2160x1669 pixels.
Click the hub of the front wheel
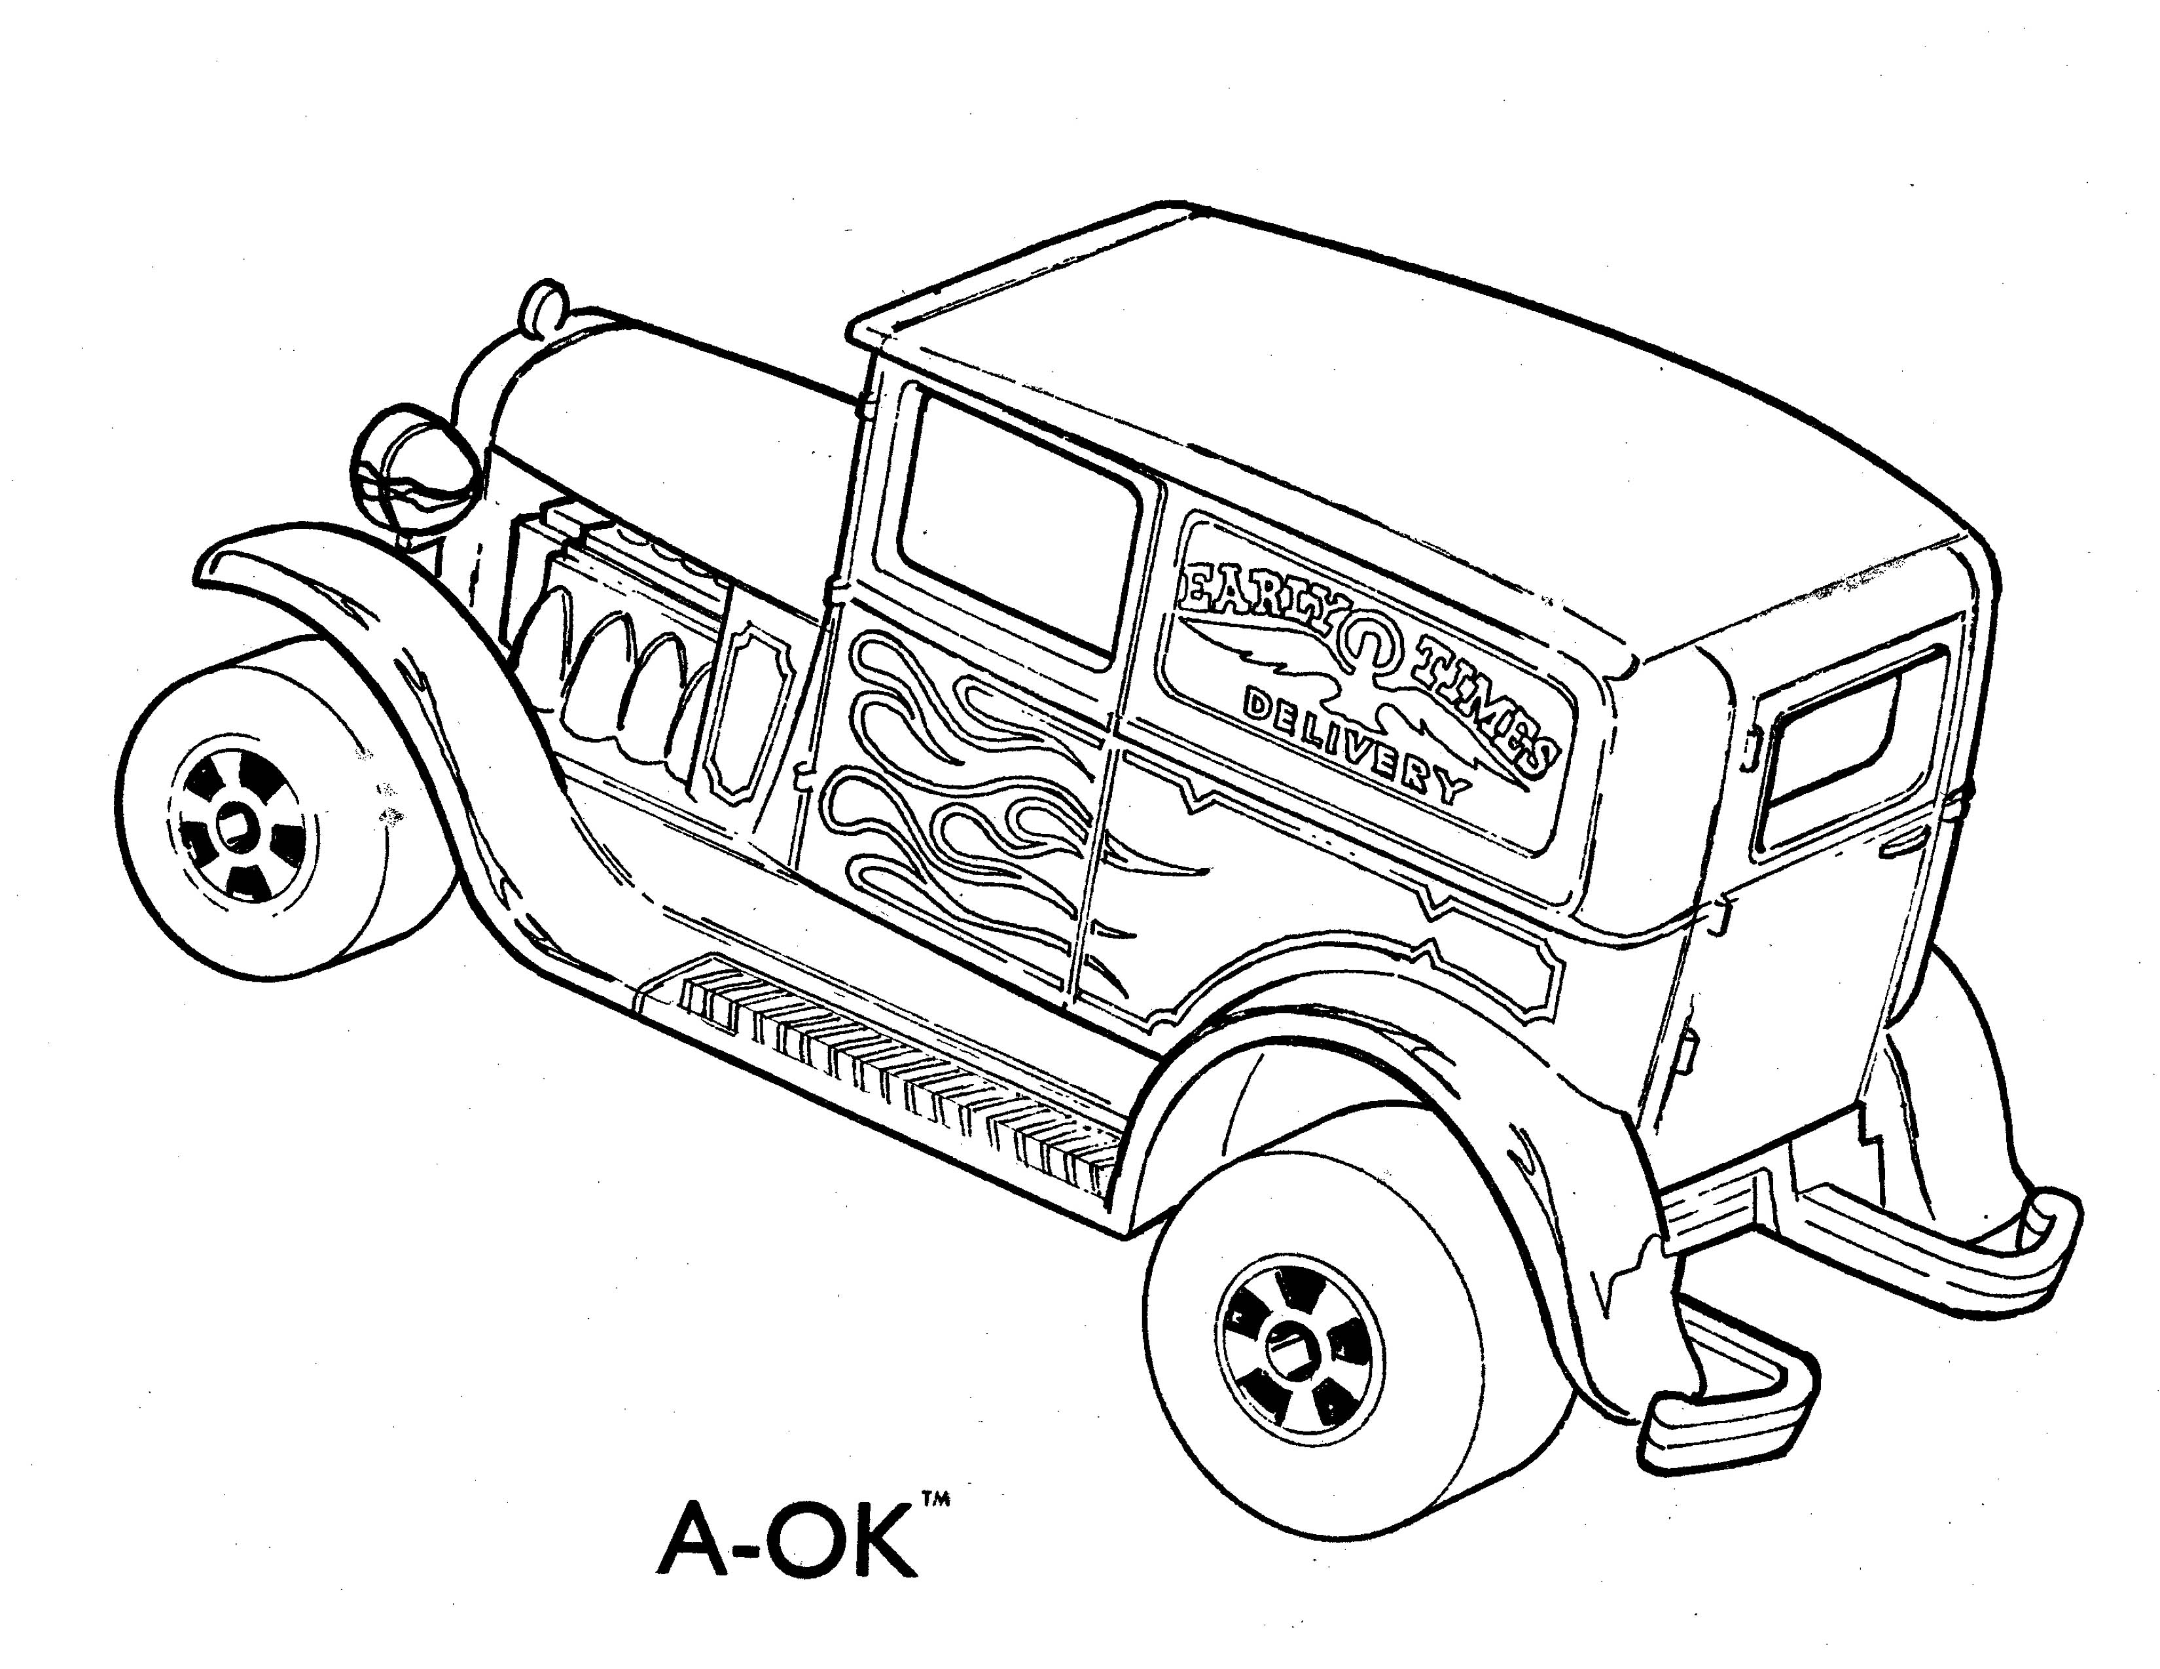(236, 823)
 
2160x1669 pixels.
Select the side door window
(1018, 524)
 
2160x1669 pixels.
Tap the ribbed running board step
(890, 1068)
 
